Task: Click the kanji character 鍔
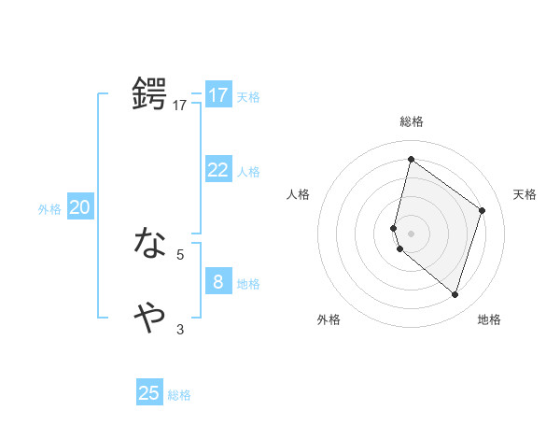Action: (150, 95)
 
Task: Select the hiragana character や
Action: (150, 318)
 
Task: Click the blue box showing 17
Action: (217, 95)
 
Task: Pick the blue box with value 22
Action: (217, 169)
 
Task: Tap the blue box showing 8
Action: (217, 281)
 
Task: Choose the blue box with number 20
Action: (79, 207)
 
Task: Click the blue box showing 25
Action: (149, 393)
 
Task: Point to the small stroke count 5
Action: (180, 254)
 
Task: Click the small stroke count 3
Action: (180, 329)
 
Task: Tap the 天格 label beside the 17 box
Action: (248, 97)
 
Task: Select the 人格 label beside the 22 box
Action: (248, 172)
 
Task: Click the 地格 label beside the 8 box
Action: (248, 284)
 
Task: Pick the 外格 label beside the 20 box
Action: (49, 209)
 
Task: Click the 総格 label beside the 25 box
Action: (180, 395)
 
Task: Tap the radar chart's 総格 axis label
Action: (412, 121)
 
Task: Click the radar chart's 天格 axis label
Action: (525, 194)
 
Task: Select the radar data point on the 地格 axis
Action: (455, 295)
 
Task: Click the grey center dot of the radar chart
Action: (412, 233)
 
